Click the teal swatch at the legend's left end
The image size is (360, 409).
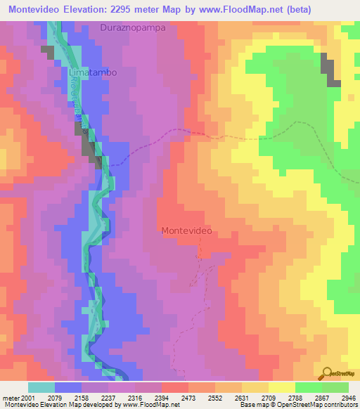(x=41, y=387)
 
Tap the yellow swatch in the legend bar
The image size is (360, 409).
(x=281, y=387)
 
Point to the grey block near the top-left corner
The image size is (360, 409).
(x=47, y=52)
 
